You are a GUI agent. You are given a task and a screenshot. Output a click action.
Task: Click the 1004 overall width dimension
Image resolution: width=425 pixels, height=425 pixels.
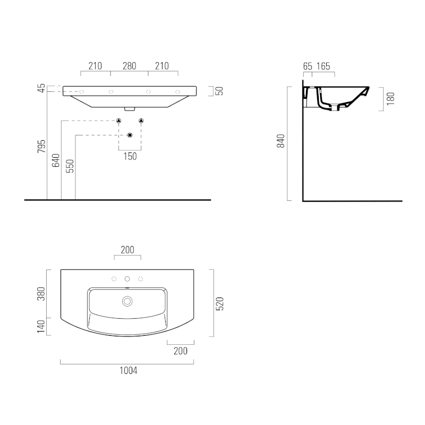pyautogui.click(x=129, y=370)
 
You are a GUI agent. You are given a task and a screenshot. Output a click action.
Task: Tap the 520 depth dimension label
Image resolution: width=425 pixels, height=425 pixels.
pyautogui.click(x=219, y=303)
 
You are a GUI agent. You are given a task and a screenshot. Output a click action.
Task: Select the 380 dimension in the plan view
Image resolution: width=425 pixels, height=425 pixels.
pyautogui.click(x=41, y=294)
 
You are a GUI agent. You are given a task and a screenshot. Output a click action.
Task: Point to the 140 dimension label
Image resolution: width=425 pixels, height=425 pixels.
pyautogui.click(x=41, y=326)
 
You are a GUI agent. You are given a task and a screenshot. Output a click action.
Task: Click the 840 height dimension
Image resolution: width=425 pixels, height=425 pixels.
pyautogui.click(x=281, y=141)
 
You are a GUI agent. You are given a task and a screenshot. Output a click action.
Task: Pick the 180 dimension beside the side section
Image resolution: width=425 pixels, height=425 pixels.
pyautogui.click(x=390, y=99)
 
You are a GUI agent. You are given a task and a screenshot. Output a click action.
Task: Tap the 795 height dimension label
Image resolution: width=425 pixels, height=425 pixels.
pyautogui.click(x=41, y=147)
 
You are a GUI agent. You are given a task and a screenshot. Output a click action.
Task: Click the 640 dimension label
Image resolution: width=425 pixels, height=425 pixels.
pyautogui.click(x=56, y=160)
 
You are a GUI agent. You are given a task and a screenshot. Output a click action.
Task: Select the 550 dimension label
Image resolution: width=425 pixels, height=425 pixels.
pyautogui.click(x=70, y=166)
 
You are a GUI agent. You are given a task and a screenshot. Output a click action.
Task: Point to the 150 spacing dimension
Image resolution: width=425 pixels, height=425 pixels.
pyautogui.click(x=130, y=156)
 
